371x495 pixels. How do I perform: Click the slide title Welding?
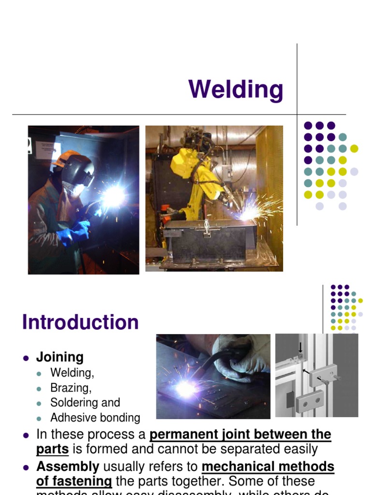pyautogui.click(x=236, y=90)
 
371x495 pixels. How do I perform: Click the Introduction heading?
pyautogui.click(x=80, y=322)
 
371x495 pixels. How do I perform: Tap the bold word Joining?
pyautogui.click(x=60, y=357)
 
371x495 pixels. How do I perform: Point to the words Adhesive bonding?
pyautogui.click(x=95, y=418)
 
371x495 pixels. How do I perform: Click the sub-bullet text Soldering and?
pyautogui.click(x=85, y=403)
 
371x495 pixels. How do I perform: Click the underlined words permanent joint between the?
pyautogui.click(x=240, y=434)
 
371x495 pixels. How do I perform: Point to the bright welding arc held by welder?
pyautogui.click(x=114, y=196)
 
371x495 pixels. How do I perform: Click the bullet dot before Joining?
pyautogui.click(x=26, y=358)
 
